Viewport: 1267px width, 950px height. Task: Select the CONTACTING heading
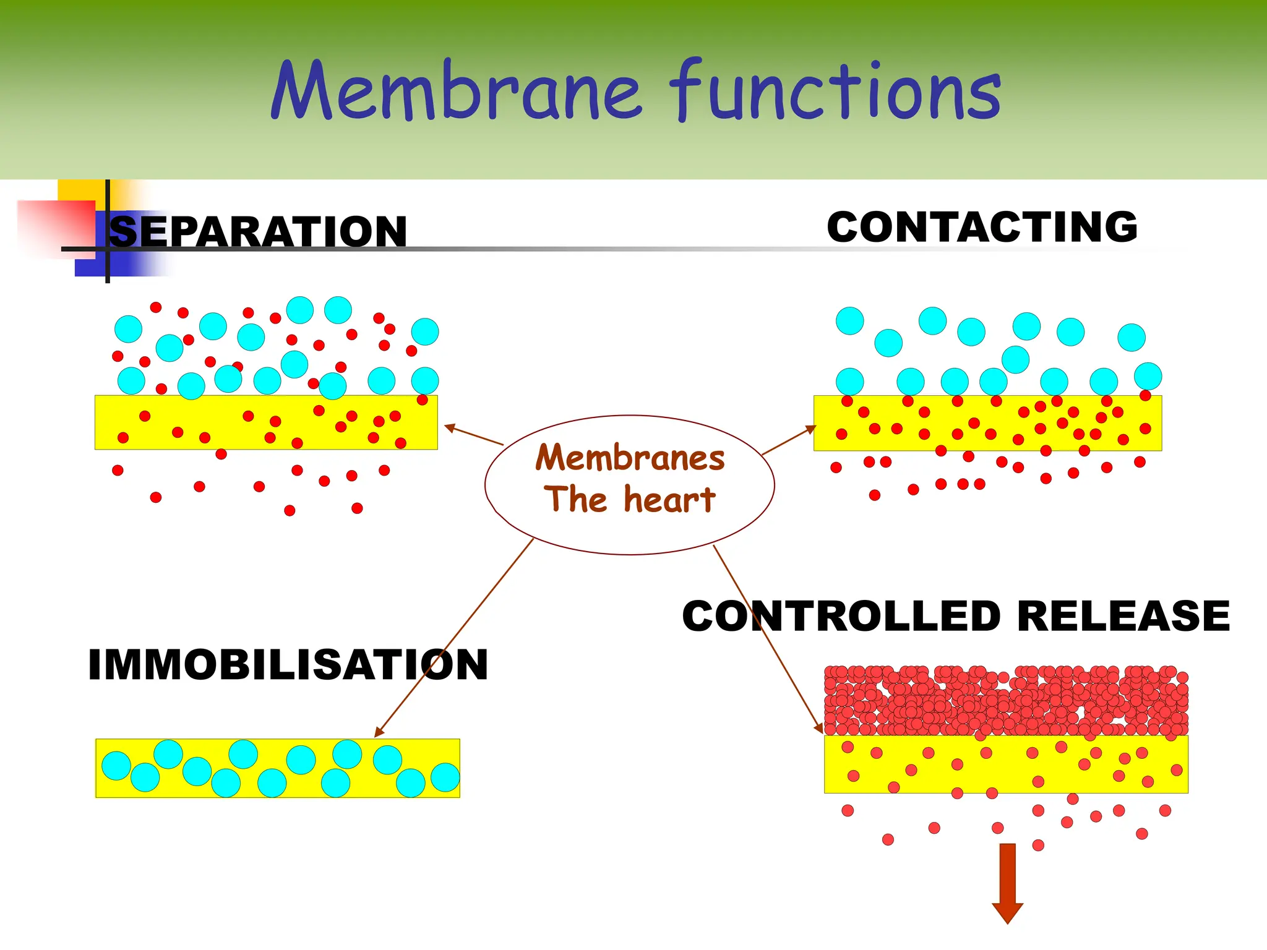pyautogui.click(x=982, y=227)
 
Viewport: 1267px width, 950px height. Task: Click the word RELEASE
pyautogui.click(x=1123, y=616)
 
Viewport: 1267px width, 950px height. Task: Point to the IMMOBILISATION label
pyautogui.click(x=288, y=665)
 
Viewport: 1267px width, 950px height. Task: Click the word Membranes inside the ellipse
pyautogui.click(x=630, y=458)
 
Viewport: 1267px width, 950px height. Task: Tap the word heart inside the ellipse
pyautogui.click(x=669, y=500)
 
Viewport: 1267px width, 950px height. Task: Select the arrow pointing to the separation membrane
pyautogui.click(x=473, y=435)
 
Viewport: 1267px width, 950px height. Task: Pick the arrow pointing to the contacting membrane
pyautogui.click(x=789, y=440)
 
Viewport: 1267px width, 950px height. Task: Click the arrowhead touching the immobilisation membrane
pyautogui.click(x=379, y=732)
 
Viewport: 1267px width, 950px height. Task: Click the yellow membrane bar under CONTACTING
pyautogui.click(x=987, y=423)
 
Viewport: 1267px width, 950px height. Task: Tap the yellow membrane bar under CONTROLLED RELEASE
pyautogui.click(x=1006, y=764)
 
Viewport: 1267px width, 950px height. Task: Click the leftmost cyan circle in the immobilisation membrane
pyautogui.click(x=116, y=765)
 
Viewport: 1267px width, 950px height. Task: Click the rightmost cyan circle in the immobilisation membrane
pyautogui.click(x=445, y=777)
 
